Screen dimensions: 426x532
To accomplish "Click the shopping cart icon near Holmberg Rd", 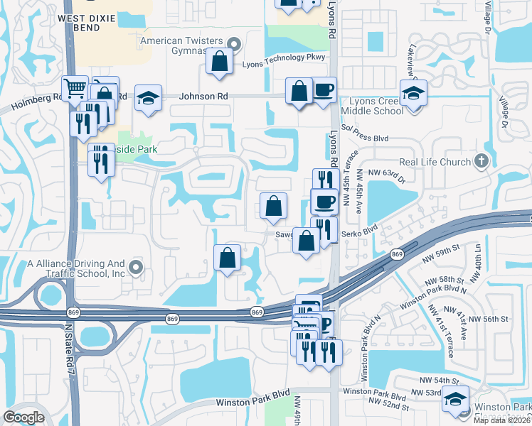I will pyautogui.click(x=75, y=88).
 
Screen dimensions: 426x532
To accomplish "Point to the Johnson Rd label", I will pyautogui.click(x=203, y=96).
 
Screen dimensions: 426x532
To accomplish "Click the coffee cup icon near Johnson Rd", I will pyautogui.click(x=324, y=90).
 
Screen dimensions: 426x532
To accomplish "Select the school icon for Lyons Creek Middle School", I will pyautogui.click(x=413, y=92).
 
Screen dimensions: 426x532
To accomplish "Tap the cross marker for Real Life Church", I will pyautogui.click(x=482, y=161).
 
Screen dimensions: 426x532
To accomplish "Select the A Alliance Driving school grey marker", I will pyautogui.click(x=137, y=268).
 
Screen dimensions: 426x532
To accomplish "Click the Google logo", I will pyautogui.click(x=23, y=417).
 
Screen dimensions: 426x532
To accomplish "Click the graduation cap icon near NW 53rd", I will pyautogui.click(x=455, y=398).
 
